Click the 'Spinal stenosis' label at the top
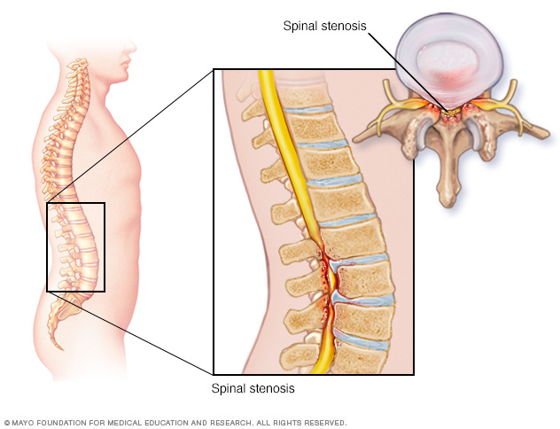[324, 26]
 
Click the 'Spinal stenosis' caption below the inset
[253, 388]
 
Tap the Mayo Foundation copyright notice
[175, 423]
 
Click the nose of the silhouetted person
[134, 47]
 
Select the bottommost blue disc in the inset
[362, 340]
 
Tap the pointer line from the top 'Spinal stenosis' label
[407, 72]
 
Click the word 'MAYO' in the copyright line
[23, 423]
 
